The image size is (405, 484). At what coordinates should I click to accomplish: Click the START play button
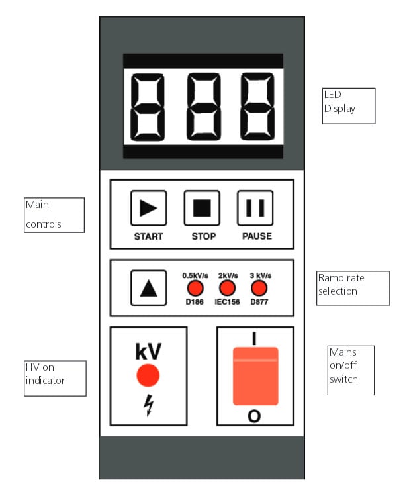148,208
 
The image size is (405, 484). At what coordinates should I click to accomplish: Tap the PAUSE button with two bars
255,208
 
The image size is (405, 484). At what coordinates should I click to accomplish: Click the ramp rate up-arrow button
149,289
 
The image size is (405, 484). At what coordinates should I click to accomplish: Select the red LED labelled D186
194,288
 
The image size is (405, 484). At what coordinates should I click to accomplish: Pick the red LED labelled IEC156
228,288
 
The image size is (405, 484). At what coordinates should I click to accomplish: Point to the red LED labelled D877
259,288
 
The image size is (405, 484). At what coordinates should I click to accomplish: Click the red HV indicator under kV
148,376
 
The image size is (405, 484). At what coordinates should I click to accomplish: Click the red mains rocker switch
255,375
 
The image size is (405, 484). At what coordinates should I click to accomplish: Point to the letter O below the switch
254,416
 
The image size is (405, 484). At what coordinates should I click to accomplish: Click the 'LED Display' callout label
348,105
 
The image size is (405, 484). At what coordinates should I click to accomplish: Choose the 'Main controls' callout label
54,215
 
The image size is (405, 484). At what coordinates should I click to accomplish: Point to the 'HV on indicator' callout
55,377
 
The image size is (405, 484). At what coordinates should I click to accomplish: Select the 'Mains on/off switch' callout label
351,369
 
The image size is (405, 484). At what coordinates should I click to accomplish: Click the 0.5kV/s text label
194,275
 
